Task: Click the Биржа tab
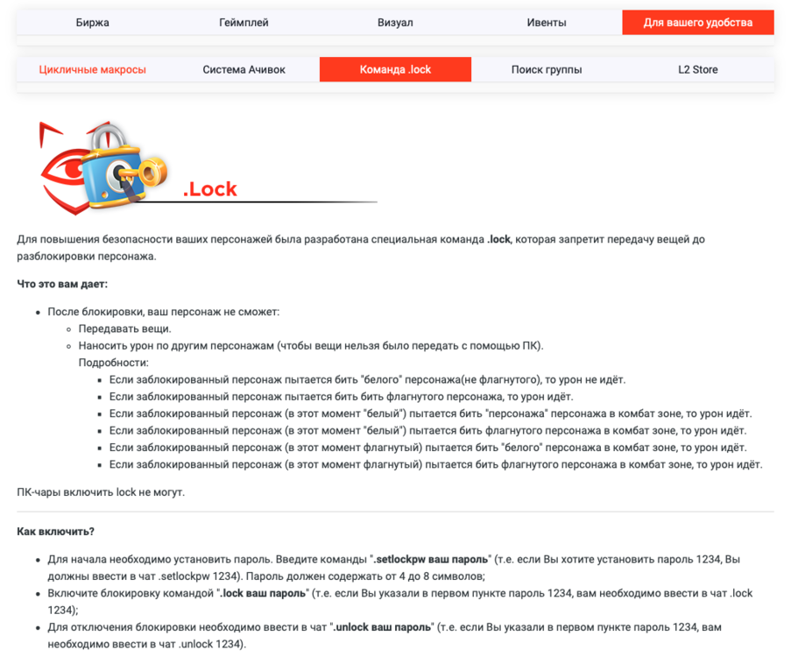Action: coord(93,23)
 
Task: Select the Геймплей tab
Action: coord(244,23)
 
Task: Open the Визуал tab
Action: coord(395,23)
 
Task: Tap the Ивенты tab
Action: coord(547,23)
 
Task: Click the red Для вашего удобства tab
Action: coord(698,23)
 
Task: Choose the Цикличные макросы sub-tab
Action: coord(93,69)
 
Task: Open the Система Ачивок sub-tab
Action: coord(244,69)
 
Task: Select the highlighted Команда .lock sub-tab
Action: coord(395,69)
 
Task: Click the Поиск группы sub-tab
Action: coord(547,69)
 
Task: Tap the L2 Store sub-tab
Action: coord(698,69)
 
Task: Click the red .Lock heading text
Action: coord(210,189)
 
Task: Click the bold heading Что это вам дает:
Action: coord(62,284)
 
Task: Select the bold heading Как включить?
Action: coord(55,532)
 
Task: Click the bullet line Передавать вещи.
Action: coord(124,328)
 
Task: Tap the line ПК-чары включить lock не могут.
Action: coord(101,491)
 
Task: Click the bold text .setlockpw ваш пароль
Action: coord(432,558)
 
